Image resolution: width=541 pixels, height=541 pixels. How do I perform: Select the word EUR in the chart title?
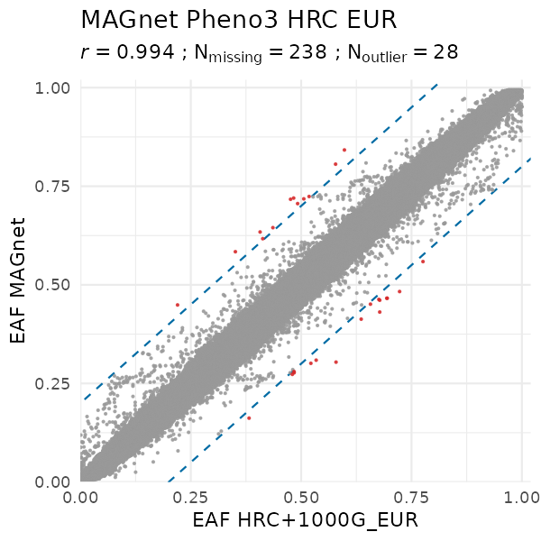(372, 19)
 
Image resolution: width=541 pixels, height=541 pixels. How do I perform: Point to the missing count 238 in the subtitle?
(307, 52)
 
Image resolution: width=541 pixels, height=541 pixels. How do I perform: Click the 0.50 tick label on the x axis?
(302, 495)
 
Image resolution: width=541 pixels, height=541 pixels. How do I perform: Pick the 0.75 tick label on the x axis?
(412, 495)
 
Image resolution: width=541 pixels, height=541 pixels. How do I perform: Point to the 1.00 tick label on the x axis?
(521, 495)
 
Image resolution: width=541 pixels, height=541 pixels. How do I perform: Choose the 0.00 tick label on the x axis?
(81, 495)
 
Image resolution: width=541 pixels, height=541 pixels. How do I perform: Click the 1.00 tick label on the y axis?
(53, 87)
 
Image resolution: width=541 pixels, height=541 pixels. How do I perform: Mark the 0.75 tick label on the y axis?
(53, 186)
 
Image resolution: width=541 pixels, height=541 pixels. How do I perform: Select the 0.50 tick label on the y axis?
(53, 285)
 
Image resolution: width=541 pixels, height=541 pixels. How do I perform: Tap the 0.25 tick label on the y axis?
(53, 383)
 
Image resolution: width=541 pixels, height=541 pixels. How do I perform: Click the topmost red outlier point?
(344, 150)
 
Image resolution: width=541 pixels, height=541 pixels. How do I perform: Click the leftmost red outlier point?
(178, 305)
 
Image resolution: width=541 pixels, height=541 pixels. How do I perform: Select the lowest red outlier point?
(249, 418)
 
